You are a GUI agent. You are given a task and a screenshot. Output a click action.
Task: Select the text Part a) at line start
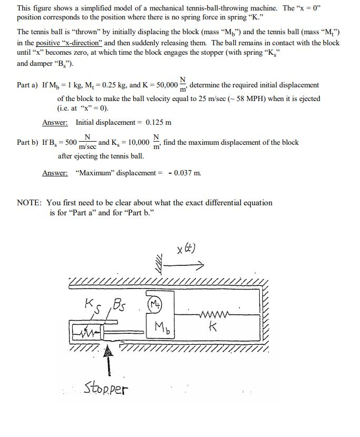click(x=27, y=85)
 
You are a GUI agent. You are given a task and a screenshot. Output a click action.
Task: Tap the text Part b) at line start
click(x=28, y=143)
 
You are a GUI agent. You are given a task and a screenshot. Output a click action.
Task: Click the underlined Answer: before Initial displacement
click(x=55, y=123)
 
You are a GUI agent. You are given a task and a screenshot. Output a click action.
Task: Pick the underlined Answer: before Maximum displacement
click(x=55, y=173)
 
